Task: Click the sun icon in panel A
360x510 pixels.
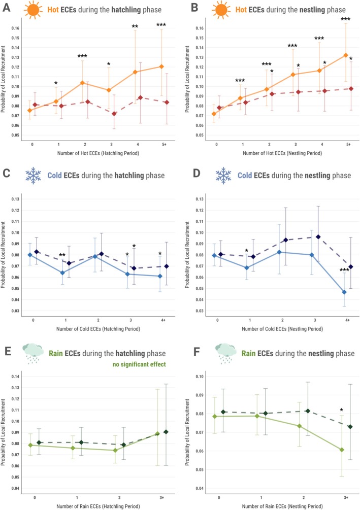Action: [x=33, y=9]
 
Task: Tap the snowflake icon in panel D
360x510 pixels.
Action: [x=223, y=175]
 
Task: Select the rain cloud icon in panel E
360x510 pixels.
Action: [x=33, y=353]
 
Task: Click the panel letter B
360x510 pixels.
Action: [x=194, y=8]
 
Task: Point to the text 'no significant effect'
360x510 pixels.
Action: [x=139, y=364]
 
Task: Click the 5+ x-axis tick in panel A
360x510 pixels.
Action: [x=164, y=145]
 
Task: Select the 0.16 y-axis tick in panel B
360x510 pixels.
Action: [x=200, y=28]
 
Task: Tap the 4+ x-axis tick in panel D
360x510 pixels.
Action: [x=347, y=320]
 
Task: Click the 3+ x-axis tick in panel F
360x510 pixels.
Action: [x=346, y=498]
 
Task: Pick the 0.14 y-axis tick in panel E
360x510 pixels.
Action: [x=15, y=377]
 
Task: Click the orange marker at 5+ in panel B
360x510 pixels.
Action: [x=346, y=55]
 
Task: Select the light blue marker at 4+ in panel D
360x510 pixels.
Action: [x=344, y=292]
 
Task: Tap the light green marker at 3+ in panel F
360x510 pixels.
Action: [x=342, y=450]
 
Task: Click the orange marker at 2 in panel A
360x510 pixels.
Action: [x=82, y=83]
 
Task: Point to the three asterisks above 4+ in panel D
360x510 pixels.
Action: [x=344, y=270]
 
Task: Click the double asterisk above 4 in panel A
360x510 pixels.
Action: [x=135, y=26]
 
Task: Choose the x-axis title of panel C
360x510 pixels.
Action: [x=99, y=329]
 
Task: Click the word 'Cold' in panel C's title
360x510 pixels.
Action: [x=55, y=176]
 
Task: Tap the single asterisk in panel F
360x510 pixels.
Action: [x=341, y=410]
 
